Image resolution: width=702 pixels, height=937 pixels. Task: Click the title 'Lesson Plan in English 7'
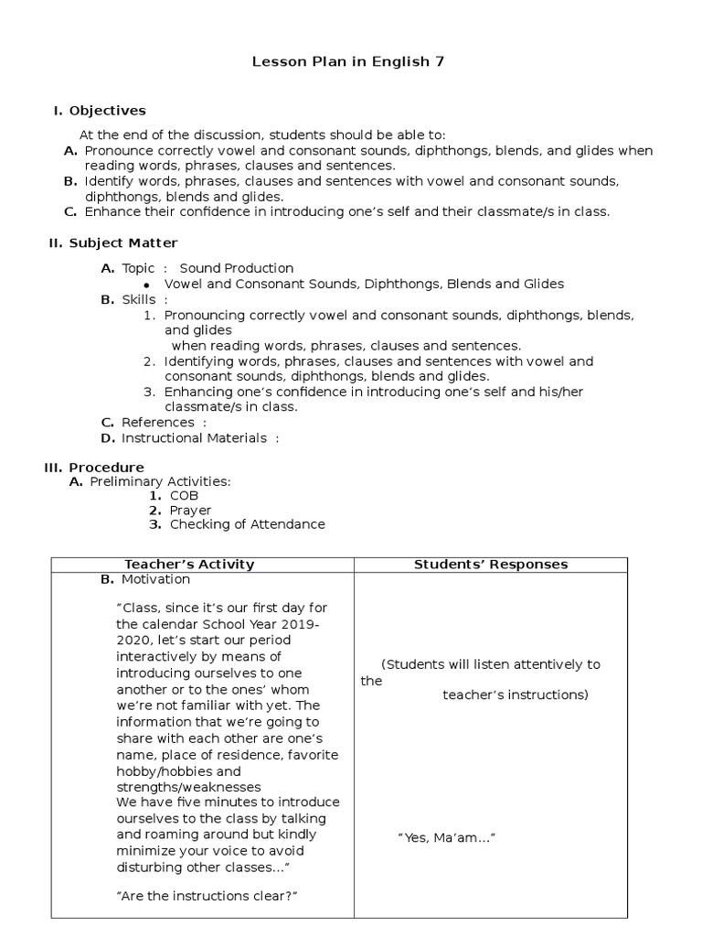350,63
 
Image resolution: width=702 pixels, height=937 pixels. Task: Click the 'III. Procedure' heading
94,467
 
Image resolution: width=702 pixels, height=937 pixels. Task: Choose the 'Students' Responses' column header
491,565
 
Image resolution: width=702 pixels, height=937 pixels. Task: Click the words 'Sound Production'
237,268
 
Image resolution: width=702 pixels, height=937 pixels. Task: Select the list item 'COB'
184,495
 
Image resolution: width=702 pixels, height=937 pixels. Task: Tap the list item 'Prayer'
190,510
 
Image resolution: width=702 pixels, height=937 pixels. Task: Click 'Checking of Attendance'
247,524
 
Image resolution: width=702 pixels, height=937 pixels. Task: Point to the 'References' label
157,422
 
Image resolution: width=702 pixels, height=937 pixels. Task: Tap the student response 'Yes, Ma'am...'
446,837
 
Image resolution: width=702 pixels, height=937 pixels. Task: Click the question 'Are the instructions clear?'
208,896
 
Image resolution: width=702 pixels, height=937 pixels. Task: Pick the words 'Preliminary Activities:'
160,481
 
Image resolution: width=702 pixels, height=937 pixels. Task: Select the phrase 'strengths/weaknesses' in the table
188,787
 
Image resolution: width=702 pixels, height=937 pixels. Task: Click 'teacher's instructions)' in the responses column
516,695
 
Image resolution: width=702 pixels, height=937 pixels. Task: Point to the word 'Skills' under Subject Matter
139,299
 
